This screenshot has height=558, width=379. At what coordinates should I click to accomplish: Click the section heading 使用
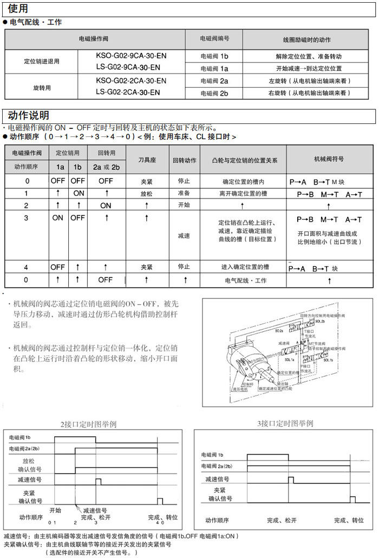pos(18,9)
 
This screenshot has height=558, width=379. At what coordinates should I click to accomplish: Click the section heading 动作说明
pos(29,115)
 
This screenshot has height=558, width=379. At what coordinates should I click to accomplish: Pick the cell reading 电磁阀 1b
pos(214,56)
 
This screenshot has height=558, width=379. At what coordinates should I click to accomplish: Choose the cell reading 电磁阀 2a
pos(214,81)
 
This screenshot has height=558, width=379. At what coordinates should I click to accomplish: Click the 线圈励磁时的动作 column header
pos(306,40)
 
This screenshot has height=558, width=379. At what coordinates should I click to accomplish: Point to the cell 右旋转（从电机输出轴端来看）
pos(306,93)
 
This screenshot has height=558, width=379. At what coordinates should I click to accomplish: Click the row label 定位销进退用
pos(42,61)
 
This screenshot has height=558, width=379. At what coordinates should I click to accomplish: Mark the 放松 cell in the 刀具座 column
pos(147,193)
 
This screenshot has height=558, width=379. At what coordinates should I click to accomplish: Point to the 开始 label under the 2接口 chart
pos(55,510)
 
